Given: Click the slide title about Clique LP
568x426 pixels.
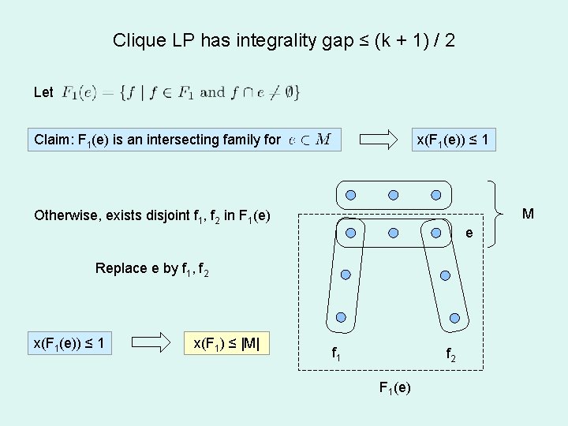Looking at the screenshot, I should (x=283, y=40).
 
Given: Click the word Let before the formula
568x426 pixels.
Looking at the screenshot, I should (x=44, y=92).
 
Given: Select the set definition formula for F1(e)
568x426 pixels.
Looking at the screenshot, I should (x=181, y=92).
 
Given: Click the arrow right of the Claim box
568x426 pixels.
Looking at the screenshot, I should (x=379, y=140).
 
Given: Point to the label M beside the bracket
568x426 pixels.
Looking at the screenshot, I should (x=528, y=214).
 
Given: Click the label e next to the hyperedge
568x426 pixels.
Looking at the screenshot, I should (x=469, y=234).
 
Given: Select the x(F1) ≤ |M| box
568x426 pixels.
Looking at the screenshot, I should (x=226, y=343).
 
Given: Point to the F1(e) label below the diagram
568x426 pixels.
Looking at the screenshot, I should (x=395, y=388).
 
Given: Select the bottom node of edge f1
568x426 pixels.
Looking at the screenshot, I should (x=341, y=317).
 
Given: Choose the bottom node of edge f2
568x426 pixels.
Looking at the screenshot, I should (x=455, y=317).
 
